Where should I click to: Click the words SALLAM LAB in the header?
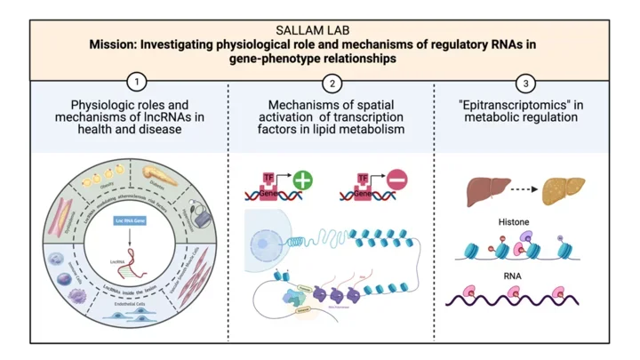tap(319, 29)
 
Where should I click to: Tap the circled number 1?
tap(136, 84)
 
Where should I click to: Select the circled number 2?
tap(332, 84)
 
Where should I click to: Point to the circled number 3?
tap(525, 84)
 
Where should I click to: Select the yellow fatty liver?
tap(564, 188)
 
